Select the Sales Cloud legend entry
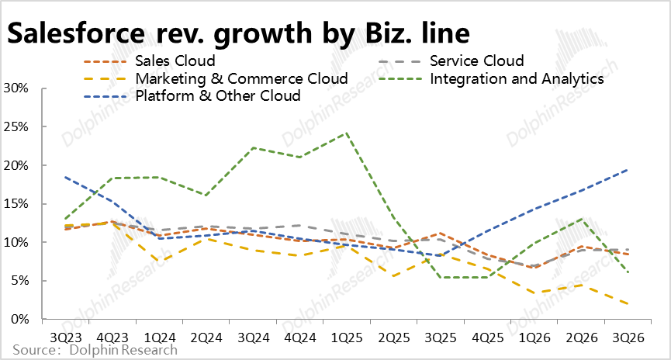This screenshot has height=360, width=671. [x=175, y=61]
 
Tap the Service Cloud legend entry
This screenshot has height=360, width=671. [x=476, y=61]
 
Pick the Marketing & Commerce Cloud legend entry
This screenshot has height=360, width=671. [x=240, y=78]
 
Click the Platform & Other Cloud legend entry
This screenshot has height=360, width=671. [x=217, y=95]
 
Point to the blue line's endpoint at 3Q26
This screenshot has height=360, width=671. [x=628, y=170]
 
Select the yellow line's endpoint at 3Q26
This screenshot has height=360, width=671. [x=628, y=304]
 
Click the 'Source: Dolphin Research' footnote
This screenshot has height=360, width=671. [x=95, y=351]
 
